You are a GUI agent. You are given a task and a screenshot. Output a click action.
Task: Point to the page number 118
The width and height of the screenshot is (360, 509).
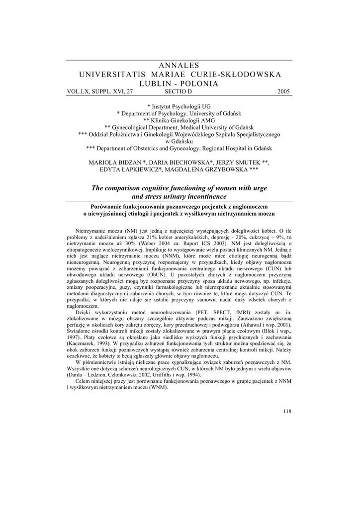coord(287,411)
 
